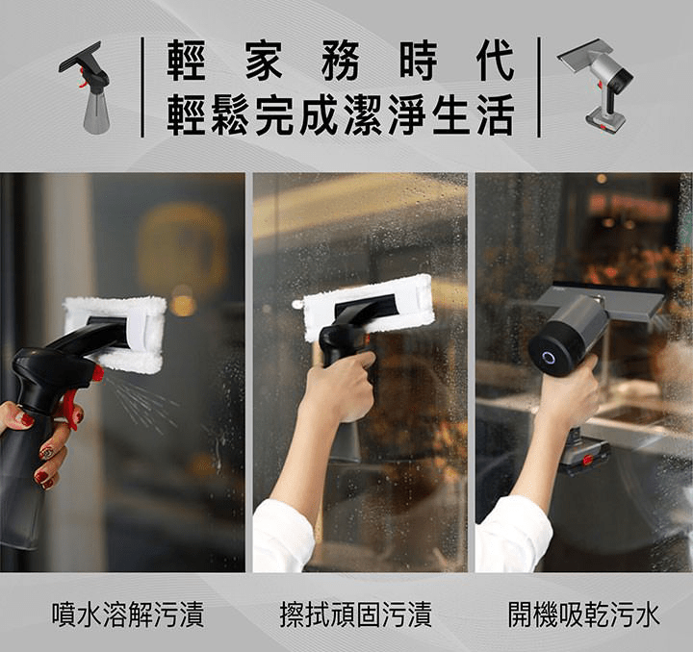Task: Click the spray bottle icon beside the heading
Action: coord(87,88)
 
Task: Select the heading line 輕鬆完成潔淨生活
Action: coord(341,114)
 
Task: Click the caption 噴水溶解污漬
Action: coord(128,614)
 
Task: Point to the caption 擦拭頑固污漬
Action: coord(356,614)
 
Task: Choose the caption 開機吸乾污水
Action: coord(583,614)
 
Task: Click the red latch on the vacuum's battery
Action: coord(587,460)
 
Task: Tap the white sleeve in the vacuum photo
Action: coord(513,534)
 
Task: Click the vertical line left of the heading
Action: coord(142,87)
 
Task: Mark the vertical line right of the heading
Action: coord(539,87)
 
